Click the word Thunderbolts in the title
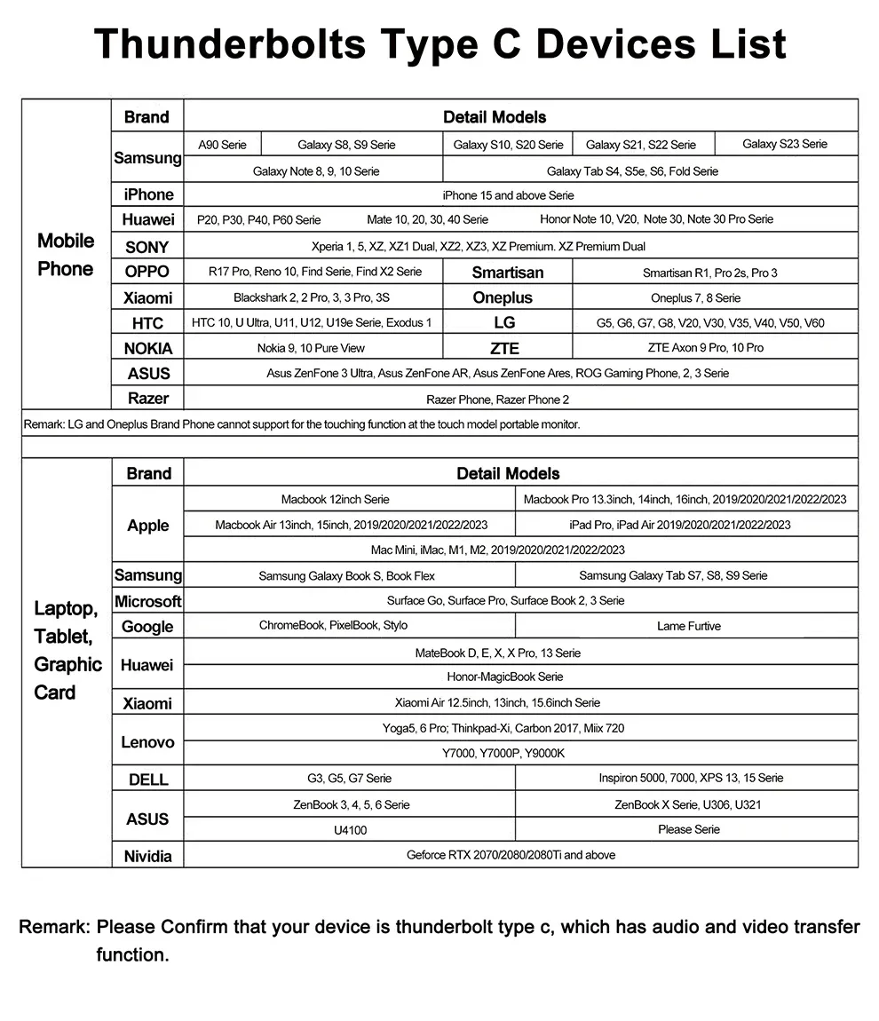pyautogui.click(x=230, y=44)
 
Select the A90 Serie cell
pyautogui.click(x=222, y=145)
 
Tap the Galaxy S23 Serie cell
pyautogui.click(x=785, y=144)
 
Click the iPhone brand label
pyautogui.click(x=148, y=194)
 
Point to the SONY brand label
pyautogui.click(x=146, y=247)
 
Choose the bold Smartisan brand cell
pyautogui.click(x=507, y=273)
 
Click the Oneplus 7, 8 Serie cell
pyautogui.click(x=695, y=298)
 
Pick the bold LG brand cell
pyautogui.click(x=504, y=323)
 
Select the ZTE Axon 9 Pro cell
pyautogui.click(x=706, y=348)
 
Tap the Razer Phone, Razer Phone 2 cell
pyautogui.click(x=497, y=400)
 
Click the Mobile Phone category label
pyautogui.click(x=66, y=255)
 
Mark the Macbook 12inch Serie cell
pyautogui.click(x=335, y=500)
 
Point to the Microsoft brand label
pyautogui.click(x=148, y=601)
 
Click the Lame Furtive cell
pyautogui.click(x=688, y=627)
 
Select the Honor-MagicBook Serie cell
pyautogui.click(x=504, y=677)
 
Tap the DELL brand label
pyautogui.click(x=148, y=780)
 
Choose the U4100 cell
pyautogui.click(x=350, y=830)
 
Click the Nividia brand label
pyautogui.click(x=147, y=857)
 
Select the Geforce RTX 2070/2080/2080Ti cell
pyautogui.click(x=511, y=855)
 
